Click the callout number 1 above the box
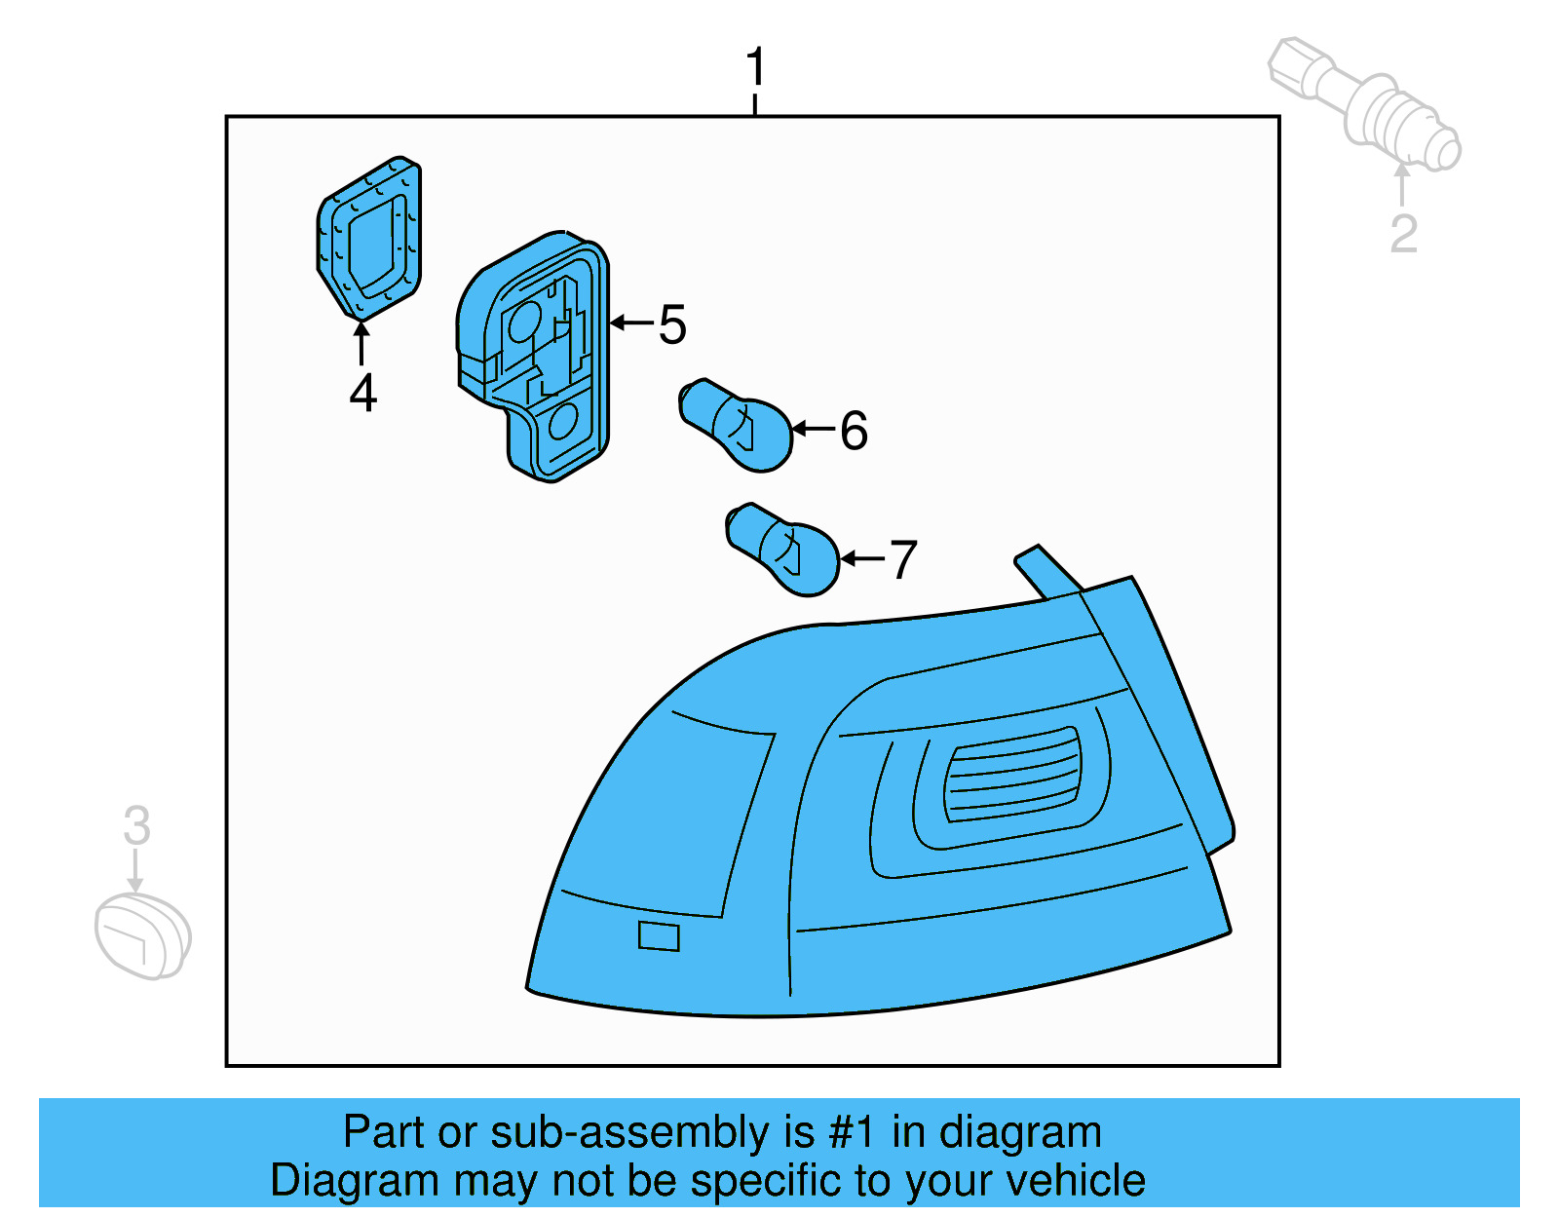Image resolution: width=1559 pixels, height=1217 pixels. click(755, 68)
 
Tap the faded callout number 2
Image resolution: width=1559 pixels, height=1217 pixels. click(1403, 234)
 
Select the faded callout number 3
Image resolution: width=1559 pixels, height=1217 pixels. click(136, 825)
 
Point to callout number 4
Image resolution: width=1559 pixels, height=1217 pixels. click(362, 394)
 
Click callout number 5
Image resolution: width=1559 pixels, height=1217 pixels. click(672, 324)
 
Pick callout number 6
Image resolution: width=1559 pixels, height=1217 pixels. click(854, 431)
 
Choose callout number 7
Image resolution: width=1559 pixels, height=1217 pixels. click(903, 560)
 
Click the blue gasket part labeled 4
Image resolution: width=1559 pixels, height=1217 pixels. click(370, 238)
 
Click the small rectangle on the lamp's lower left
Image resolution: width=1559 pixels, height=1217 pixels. click(659, 935)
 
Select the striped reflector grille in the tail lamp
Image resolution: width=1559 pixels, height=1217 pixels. click(1013, 775)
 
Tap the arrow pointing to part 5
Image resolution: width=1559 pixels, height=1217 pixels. click(631, 323)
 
